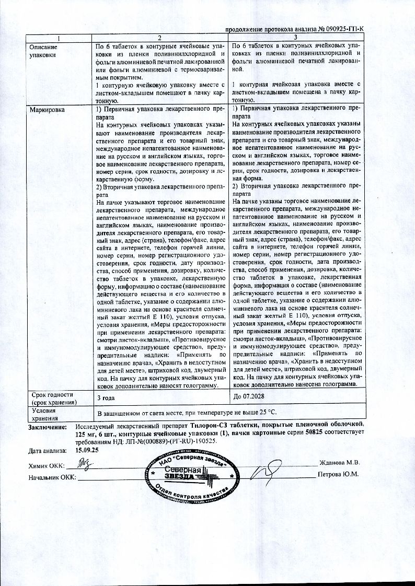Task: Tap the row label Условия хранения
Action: click(x=43, y=414)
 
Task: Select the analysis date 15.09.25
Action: click(x=87, y=449)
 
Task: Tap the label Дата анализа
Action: click(x=48, y=449)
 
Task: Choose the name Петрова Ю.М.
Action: click(x=339, y=474)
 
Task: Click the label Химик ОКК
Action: click(x=45, y=465)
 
